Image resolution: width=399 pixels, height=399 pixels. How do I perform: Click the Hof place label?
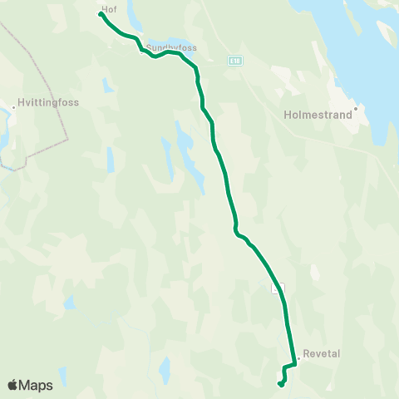108,8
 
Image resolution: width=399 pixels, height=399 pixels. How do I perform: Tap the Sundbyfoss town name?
172,47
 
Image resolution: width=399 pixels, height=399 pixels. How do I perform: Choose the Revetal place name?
323,353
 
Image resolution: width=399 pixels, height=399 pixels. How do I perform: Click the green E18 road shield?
237,60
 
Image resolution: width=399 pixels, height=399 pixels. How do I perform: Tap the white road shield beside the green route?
278,288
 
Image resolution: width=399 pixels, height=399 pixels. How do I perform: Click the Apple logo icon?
12,385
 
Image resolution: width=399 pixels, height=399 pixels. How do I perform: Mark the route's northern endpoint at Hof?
101,13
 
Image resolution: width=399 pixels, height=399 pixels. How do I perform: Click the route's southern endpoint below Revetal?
280,383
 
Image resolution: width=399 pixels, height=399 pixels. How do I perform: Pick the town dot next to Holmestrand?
355,107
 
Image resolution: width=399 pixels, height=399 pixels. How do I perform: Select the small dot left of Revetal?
298,358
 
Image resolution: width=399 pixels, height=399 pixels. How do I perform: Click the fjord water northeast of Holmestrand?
366,50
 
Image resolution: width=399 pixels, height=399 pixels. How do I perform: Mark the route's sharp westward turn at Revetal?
294,363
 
